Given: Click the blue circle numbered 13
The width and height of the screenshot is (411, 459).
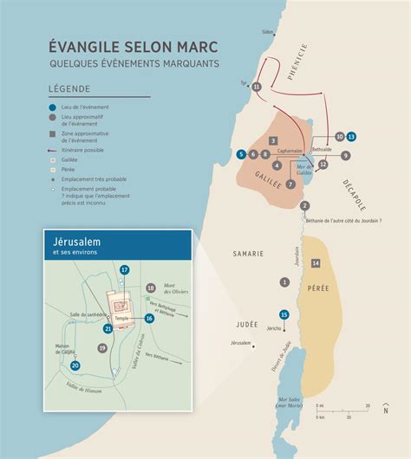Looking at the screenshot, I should coord(351,137).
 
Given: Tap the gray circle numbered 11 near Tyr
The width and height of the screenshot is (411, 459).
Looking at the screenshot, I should coord(256,87).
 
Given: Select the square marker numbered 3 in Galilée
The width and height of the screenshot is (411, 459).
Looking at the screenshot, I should coord(272,140).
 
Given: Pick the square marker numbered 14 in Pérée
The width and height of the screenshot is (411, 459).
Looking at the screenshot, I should coord(316,262).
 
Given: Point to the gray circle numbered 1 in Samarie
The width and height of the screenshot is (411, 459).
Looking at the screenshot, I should coord(284,282).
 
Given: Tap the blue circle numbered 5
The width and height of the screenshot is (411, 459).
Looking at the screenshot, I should coord(240,154).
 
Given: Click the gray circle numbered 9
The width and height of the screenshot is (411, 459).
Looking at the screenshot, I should coord(345,156).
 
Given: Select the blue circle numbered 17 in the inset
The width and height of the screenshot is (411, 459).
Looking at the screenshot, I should coord(125,270).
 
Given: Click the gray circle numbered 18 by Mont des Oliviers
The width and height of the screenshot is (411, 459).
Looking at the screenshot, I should coord(150,288).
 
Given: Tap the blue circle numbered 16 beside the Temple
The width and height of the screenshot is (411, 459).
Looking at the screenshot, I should coord(149,319).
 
